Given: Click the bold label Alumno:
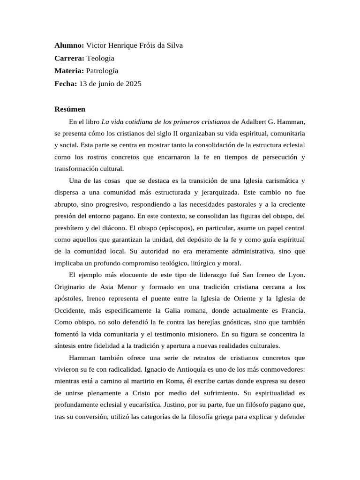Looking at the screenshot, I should (69, 45).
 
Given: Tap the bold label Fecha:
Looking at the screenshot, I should (66, 84).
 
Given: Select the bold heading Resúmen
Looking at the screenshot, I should (70, 109).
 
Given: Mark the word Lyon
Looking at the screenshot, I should (298, 274).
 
